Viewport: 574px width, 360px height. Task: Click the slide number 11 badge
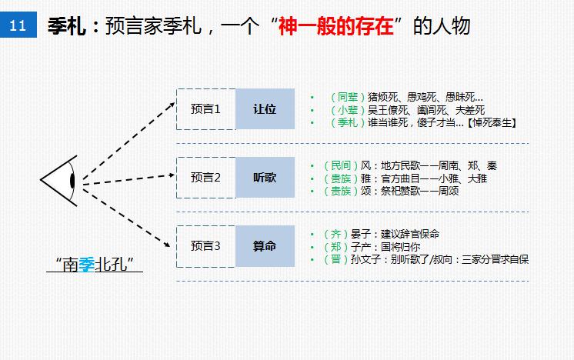[19, 26]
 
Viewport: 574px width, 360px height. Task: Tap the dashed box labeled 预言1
[205, 109]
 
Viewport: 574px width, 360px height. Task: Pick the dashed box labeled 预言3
[205, 246]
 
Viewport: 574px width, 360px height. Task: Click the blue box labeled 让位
[265, 109]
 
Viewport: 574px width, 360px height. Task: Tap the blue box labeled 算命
[265, 246]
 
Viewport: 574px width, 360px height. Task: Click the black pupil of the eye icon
[72, 181]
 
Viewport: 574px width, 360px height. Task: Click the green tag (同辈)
[346, 98]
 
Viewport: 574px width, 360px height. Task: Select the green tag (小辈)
[346, 110]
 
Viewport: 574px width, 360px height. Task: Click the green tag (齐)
[336, 234]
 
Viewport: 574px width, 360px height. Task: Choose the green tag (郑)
[336, 246]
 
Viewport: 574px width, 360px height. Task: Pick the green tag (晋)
[336, 259]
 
